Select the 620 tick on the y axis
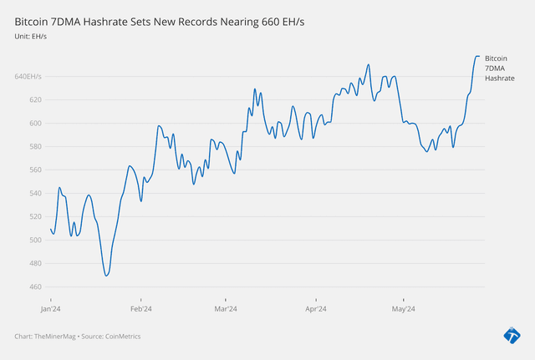click(x=35, y=100)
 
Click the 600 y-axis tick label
click(x=35, y=124)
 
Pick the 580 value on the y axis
click(x=35, y=147)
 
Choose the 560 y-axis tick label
click(x=35, y=170)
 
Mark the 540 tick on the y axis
click(x=35, y=194)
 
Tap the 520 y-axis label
click(x=35, y=217)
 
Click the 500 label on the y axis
click(x=35, y=241)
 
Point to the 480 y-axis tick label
click(x=35, y=264)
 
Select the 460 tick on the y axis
click(x=35, y=287)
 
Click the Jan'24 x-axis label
click(x=51, y=308)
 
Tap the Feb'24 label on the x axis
click(x=141, y=308)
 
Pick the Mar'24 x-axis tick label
click(x=226, y=308)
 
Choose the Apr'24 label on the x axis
click(x=316, y=308)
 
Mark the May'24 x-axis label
click(x=403, y=308)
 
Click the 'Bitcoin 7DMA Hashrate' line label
click(x=499, y=68)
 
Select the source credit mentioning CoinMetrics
click(x=78, y=337)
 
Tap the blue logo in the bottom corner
click(x=512, y=335)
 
